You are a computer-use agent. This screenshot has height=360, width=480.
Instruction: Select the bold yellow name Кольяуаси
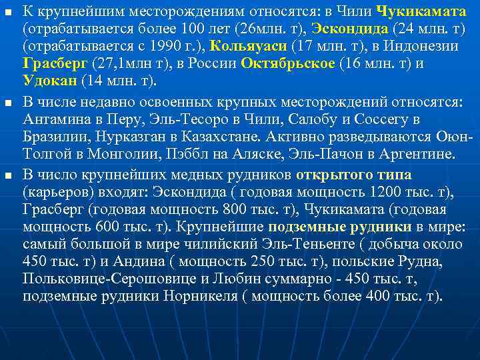pos(250,46)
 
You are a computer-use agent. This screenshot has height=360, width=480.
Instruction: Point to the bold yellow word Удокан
pos(50,81)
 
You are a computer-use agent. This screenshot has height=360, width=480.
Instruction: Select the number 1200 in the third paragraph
pos(380,193)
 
